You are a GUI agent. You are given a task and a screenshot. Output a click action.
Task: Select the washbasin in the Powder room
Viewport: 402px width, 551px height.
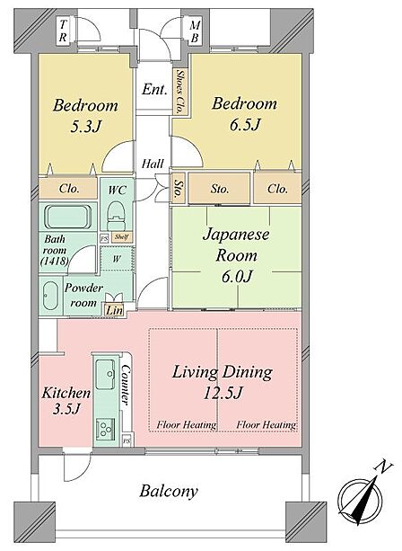tap(50, 296)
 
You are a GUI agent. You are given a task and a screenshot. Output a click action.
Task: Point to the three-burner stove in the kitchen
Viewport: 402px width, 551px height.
tap(105, 428)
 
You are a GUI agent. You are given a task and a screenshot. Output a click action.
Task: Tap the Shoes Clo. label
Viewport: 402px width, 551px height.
tap(180, 92)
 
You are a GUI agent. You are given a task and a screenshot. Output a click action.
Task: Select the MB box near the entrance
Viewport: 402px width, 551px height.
tap(195, 31)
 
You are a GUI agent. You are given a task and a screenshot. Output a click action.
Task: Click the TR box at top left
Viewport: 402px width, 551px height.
tap(63, 31)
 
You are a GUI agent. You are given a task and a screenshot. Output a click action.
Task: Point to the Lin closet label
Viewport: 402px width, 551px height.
tap(114, 310)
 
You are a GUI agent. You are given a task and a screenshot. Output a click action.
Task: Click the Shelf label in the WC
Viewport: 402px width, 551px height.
tap(121, 236)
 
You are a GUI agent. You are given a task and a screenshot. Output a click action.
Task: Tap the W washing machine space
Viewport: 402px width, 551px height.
tap(117, 259)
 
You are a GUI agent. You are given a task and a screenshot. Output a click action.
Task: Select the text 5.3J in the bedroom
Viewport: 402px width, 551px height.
tap(85, 126)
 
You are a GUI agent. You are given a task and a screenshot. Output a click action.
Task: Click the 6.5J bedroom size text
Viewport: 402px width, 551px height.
tap(245, 124)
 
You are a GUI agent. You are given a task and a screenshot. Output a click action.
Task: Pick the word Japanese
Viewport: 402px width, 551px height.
tap(236, 236)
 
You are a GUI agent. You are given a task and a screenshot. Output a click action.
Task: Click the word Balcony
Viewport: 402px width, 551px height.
tap(169, 491)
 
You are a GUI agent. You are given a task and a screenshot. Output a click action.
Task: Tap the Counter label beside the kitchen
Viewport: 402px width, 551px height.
tap(126, 385)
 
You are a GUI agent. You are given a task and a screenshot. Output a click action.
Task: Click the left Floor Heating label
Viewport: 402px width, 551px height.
tap(187, 425)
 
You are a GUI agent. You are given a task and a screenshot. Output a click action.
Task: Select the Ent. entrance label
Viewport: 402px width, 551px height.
tap(154, 89)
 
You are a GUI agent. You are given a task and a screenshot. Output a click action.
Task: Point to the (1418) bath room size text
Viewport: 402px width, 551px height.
tap(55, 261)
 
